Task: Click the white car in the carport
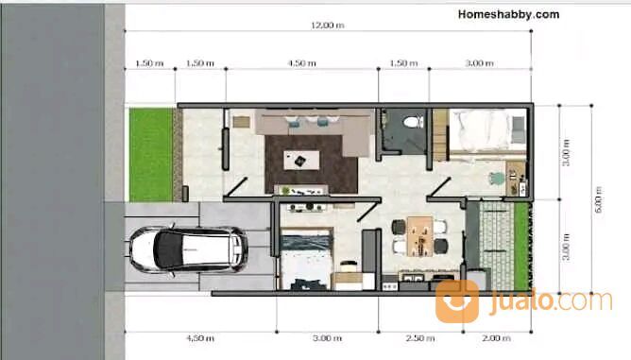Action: coord(188,250)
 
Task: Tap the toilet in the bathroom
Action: coord(414,122)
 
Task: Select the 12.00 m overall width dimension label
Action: coord(328,25)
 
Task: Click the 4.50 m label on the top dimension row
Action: coord(302,63)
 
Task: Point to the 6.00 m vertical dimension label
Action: coord(598,199)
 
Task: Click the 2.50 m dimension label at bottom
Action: coord(420,338)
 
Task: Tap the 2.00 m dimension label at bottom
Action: coord(496,338)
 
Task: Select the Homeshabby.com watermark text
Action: coord(508,14)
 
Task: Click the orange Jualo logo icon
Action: coord(457,300)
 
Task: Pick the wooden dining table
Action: coord(419,236)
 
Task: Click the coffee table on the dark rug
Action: coord(302,160)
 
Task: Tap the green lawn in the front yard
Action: coord(151,155)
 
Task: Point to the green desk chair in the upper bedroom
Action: coord(498,179)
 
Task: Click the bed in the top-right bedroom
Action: coord(487,130)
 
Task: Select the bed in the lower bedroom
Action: coord(306,259)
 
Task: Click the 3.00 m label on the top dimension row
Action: coord(479,63)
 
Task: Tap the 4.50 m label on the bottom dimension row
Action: coord(200,338)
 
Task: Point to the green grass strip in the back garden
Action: coord(522,246)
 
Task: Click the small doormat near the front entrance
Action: coord(241,122)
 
